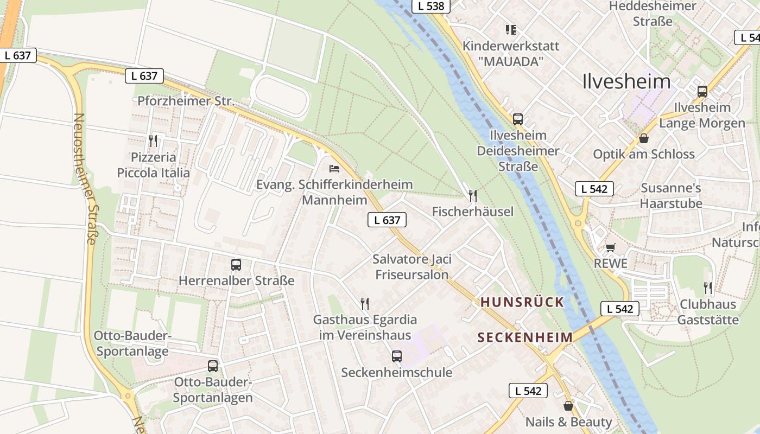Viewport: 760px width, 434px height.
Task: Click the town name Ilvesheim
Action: click(x=626, y=81)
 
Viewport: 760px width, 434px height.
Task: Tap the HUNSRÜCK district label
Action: click(x=522, y=302)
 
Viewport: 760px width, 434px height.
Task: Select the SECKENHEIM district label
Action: click(x=525, y=337)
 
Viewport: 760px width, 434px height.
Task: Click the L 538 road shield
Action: click(x=431, y=7)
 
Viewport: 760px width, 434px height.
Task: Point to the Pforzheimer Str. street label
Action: click(x=186, y=101)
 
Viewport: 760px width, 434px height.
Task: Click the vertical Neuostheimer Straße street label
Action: click(x=85, y=179)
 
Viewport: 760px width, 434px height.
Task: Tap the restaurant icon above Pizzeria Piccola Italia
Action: click(x=153, y=141)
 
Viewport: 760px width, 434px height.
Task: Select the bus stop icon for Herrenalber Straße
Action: click(x=236, y=265)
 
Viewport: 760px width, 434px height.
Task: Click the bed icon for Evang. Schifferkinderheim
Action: click(x=334, y=169)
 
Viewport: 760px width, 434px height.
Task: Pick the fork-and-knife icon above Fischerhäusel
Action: click(x=473, y=195)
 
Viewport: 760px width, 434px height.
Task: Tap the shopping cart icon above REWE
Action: click(x=611, y=248)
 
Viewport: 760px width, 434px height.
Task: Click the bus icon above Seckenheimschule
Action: click(x=397, y=356)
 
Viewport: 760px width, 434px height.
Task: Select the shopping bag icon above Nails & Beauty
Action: click(x=568, y=406)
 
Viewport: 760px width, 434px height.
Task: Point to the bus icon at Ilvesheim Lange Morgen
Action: click(x=702, y=91)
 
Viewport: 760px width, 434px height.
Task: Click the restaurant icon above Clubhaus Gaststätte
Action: click(x=708, y=288)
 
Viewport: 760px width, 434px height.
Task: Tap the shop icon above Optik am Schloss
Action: click(x=643, y=138)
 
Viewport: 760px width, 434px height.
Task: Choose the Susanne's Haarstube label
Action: click(x=671, y=196)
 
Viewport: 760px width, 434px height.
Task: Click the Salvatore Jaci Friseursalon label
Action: click(x=412, y=266)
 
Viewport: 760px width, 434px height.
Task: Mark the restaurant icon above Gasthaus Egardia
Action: click(x=365, y=304)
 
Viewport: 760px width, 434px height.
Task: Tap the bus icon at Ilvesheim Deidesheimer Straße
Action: click(x=517, y=119)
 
